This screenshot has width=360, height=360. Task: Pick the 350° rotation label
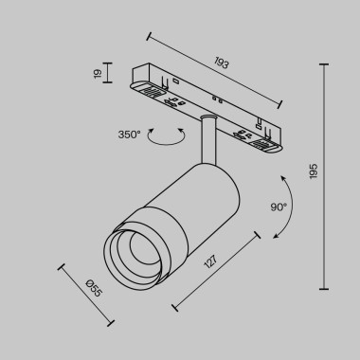pos(129,135)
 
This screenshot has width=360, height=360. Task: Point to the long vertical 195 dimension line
pos(326,176)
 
